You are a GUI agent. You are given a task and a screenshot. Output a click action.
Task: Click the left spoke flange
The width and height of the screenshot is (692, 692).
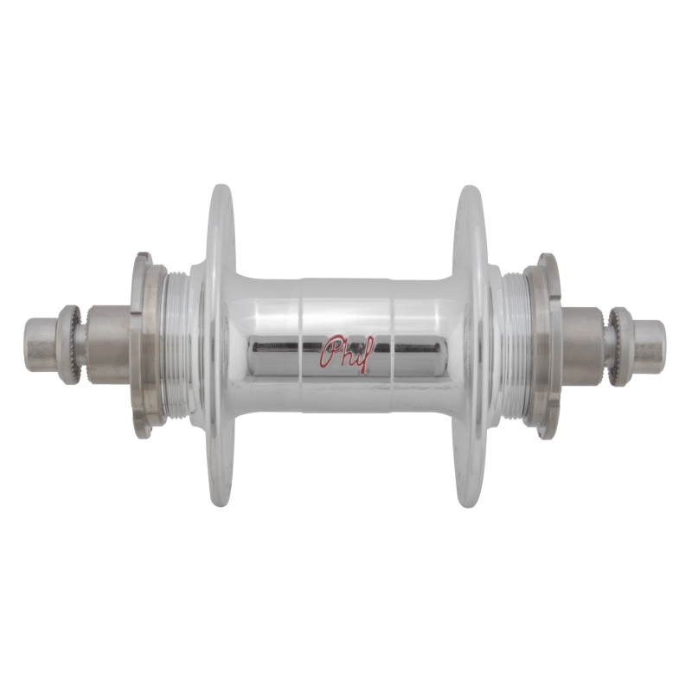click(x=220, y=346)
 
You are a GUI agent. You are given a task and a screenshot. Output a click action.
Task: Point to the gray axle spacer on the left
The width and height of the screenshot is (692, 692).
click(x=108, y=345)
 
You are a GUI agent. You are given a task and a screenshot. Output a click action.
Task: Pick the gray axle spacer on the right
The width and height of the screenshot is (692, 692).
click(x=585, y=345)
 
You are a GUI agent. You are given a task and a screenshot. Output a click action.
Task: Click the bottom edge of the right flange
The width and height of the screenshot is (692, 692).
click(x=470, y=503)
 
